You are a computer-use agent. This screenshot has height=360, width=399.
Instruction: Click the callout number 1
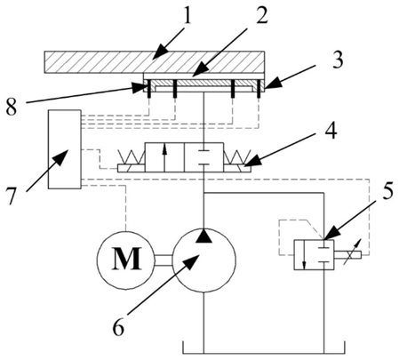(x=188, y=15)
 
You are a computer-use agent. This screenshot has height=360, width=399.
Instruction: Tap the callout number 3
(x=336, y=60)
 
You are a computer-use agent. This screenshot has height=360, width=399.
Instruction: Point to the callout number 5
(x=386, y=191)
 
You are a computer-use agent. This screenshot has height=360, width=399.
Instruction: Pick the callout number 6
(x=119, y=326)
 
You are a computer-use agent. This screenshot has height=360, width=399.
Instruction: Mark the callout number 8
(x=11, y=107)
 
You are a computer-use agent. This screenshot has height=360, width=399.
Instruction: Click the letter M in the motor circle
(x=127, y=259)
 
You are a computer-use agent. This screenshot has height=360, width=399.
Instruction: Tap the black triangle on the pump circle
(x=204, y=236)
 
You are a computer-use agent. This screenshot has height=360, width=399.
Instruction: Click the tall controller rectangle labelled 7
(x=65, y=149)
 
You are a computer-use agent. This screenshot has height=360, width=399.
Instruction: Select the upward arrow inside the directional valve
(x=164, y=159)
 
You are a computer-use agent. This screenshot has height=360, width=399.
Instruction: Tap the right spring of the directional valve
(x=237, y=156)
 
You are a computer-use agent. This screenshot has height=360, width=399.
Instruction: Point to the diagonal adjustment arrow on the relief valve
(x=352, y=252)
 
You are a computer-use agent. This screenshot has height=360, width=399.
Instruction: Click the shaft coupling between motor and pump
(x=164, y=260)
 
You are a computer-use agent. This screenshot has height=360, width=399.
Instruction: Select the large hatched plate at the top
(x=155, y=62)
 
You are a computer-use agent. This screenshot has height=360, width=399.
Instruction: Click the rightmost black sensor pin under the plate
(x=259, y=89)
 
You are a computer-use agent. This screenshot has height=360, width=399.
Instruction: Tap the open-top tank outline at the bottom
(x=264, y=353)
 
